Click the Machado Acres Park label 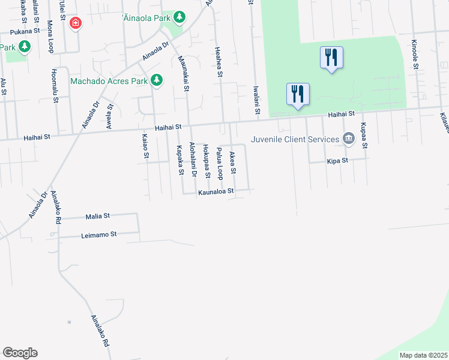[109, 80]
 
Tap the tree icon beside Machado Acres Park [157, 80]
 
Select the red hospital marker [76, 23]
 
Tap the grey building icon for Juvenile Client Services [348, 139]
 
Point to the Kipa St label [338, 161]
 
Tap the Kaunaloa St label [215, 193]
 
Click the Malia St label [98, 215]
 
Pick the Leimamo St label [98, 235]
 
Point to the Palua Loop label [220, 164]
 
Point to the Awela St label [110, 113]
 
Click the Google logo [20, 353]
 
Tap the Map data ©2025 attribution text [423, 355]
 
